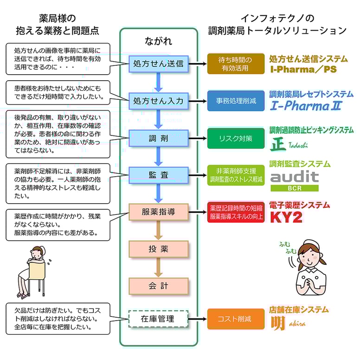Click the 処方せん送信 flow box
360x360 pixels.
tap(158, 64)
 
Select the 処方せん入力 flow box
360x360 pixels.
tap(158, 100)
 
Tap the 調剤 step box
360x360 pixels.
tap(158, 138)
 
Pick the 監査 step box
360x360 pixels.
tap(158, 175)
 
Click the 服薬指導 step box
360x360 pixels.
tap(158, 212)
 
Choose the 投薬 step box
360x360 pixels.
tap(158, 249)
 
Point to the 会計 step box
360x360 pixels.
tap(158, 286)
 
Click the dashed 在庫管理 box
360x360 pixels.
tap(158, 319)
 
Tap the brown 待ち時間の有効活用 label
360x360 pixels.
tap(236, 64)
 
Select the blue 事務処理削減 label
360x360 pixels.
tap(236, 100)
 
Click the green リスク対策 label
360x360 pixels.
tap(236, 138)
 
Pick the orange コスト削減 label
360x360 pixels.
tap(236, 319)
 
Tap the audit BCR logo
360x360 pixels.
tap(295, 181)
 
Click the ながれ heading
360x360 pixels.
tap(158, 41)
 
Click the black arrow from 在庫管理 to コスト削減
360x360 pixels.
tap(198, 319)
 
